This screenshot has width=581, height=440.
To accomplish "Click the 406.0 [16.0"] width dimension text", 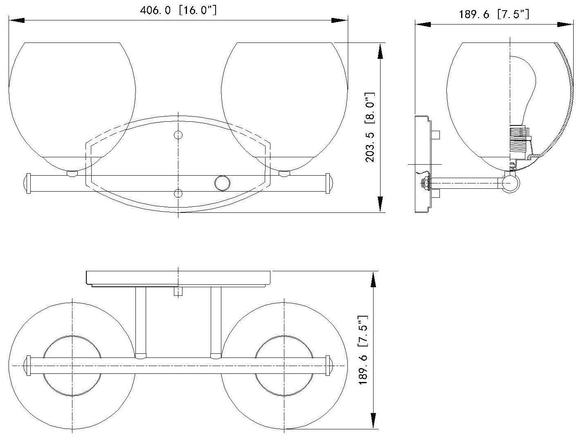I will tap(178, 11).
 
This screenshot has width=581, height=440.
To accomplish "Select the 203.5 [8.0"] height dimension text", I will tap(370, 127).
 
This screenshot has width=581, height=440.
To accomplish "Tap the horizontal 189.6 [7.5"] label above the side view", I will tap(494, 15).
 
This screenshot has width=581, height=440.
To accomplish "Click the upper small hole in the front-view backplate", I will tap(178, 135).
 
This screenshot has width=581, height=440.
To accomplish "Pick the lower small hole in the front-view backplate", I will tap(178, 193).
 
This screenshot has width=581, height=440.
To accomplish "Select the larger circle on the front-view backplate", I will tap(223, 183).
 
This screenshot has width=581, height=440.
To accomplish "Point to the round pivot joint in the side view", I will tap(510, 183).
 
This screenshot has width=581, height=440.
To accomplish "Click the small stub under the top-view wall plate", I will tap(178, 291).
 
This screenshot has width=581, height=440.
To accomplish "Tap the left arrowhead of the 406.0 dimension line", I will tap(16, 20).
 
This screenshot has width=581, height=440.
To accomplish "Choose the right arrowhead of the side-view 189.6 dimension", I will tap(566, 25).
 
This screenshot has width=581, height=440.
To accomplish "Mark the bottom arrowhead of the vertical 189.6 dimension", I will tap(373, 421).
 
